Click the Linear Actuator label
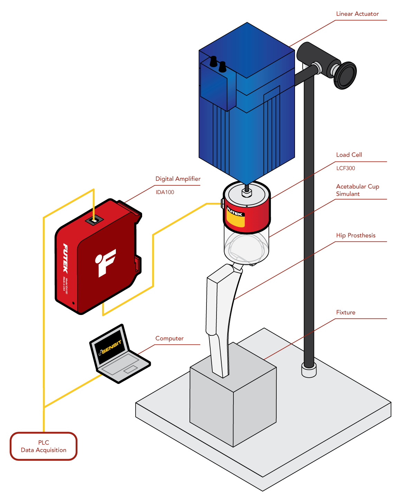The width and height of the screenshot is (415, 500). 357,14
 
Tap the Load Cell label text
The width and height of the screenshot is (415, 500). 349,155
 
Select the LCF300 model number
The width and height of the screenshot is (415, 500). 345,168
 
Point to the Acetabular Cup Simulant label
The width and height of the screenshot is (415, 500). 357,190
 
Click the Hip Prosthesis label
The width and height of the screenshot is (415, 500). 356,236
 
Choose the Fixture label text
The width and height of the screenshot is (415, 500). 345,313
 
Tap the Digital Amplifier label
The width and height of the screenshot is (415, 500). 178,179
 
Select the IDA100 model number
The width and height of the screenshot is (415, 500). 165,192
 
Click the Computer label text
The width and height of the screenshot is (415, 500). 169,339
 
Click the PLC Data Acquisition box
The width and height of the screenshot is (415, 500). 44,446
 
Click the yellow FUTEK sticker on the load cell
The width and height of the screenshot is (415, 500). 236,217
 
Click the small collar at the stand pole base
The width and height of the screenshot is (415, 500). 309,370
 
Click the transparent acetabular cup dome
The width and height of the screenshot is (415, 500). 246,248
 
